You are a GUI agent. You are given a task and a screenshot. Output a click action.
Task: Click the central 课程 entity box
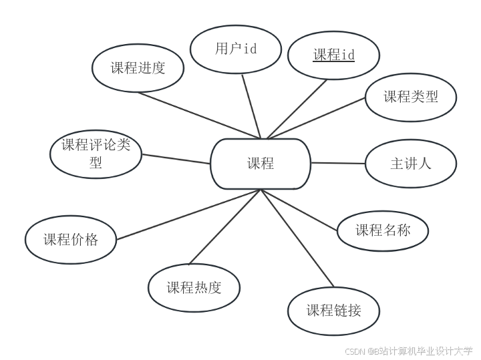pos(261,164)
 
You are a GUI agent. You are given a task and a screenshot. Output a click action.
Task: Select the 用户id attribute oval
pos(236,49)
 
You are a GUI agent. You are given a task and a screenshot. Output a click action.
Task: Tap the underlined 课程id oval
pos(333,55)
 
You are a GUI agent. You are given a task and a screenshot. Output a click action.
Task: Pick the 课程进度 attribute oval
pos(138,67)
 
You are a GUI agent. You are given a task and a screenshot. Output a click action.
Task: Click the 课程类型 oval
pos(411,97)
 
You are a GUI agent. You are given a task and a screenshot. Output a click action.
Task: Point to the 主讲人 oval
pos(411,164)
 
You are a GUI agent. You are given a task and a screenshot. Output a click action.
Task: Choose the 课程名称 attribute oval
pos(383,231)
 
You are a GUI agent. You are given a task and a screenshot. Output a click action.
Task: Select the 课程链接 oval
pos(334,311)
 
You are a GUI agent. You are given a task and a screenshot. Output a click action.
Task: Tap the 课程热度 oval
pos(194,288)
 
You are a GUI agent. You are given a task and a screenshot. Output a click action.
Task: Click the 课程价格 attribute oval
pos(71,240)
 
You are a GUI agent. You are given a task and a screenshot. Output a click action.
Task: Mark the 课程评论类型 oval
pos(96,154)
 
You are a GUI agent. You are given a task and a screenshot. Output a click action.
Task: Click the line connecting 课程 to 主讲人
pos(338,163)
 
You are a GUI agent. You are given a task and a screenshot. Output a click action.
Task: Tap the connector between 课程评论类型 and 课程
pos(175,159)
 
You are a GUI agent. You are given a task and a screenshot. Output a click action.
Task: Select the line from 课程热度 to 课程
pos(224,227)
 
